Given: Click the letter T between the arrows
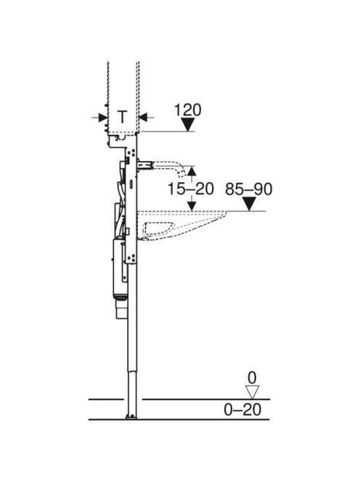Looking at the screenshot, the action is point(123,117).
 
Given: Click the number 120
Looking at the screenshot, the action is point(188,110).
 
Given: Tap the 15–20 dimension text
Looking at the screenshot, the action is point(191,189).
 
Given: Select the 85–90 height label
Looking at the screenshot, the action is point(249,189).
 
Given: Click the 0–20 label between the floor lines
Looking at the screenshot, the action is point(243,409).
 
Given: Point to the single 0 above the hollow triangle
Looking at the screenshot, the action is point(252,378).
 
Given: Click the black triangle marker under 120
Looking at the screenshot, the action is point(187,125).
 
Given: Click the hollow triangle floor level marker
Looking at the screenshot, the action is point(252,393).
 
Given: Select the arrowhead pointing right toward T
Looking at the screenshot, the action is point(102,117).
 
